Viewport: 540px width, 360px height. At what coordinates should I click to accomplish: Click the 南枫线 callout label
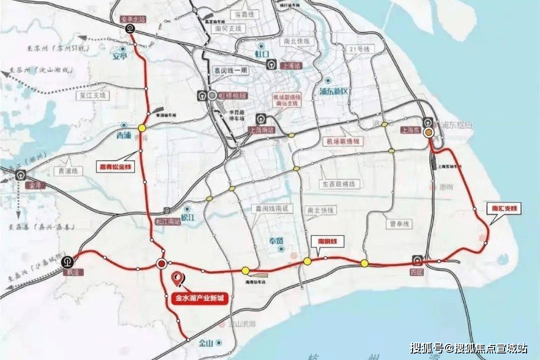pos(327,241)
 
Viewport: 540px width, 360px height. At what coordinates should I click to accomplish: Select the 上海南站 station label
pos(261,129)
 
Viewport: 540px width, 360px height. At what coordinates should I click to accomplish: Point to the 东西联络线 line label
pos(339,184)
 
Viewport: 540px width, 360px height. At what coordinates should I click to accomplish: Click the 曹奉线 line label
pos(398,224)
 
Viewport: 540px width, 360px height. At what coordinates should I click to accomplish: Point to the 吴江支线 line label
pos(93,94)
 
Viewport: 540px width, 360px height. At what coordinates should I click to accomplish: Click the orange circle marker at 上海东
pos(428,132)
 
